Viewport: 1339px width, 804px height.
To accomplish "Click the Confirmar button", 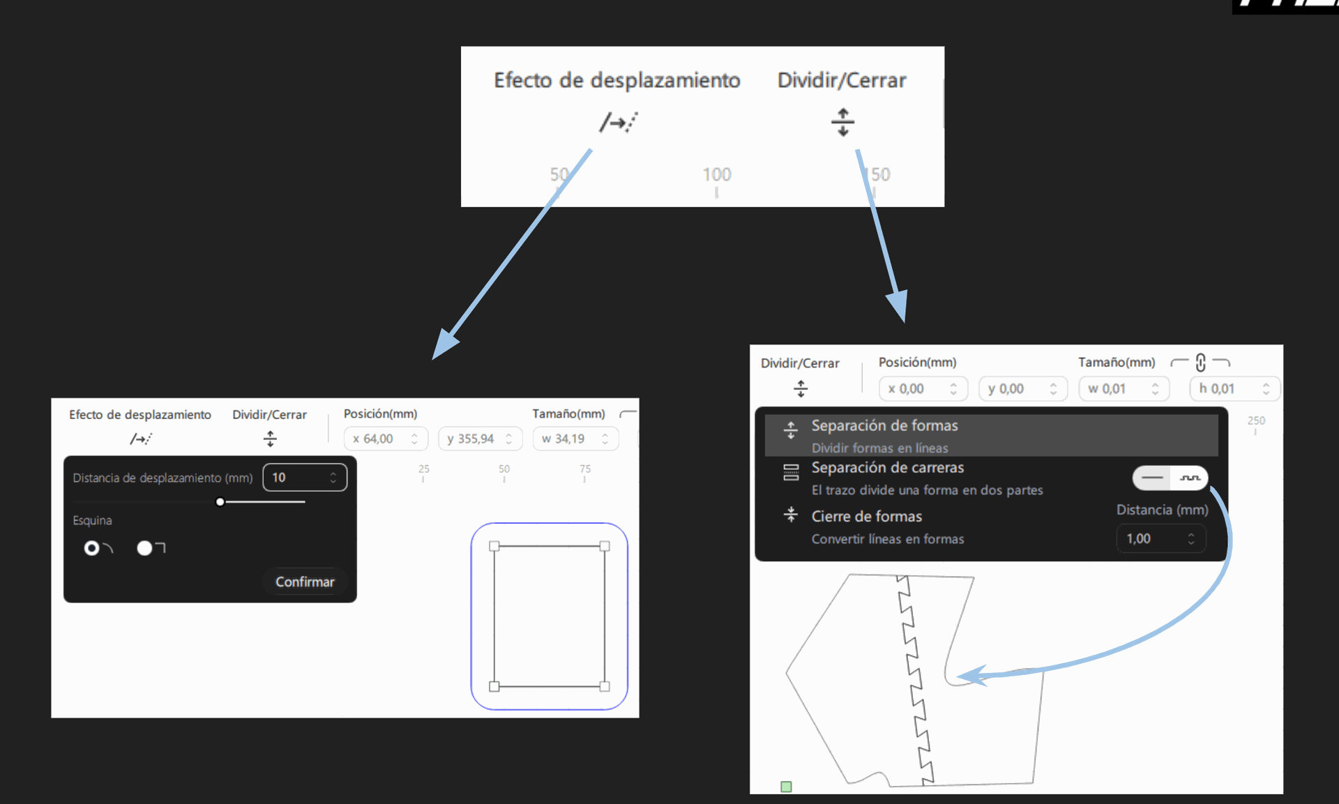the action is pos(305,582).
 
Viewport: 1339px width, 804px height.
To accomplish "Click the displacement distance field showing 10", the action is pos(305,478).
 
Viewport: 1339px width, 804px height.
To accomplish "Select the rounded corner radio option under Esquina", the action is pos(91,548).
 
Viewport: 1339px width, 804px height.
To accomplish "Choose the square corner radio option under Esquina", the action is pos(144,548).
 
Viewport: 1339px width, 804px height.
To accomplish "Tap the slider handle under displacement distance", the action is pos(220,502).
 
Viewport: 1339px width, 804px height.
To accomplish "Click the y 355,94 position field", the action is pos(480,439).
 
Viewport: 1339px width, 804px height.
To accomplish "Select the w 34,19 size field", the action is pos(575,439).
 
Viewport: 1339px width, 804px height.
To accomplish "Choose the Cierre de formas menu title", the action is pos(867,517).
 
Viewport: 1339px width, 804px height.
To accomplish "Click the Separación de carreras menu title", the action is pos(888,468).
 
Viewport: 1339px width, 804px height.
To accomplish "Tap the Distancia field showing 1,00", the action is pos(1161,538).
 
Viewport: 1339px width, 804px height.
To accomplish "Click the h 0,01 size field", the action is pos(1234,388).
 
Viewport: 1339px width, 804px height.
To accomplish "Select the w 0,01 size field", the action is pos(1124,388).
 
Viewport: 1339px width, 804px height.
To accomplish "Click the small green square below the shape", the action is pos(786,787).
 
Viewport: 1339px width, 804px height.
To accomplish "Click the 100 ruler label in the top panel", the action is pos(717,174).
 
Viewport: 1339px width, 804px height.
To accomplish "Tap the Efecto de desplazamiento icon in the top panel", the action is pos(619,122).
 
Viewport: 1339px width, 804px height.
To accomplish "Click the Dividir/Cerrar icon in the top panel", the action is pos(842,122).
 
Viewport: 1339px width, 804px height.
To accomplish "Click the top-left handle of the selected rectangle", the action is pos(494,547).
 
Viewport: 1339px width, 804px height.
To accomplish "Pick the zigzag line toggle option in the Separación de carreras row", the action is pos(1190,478).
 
